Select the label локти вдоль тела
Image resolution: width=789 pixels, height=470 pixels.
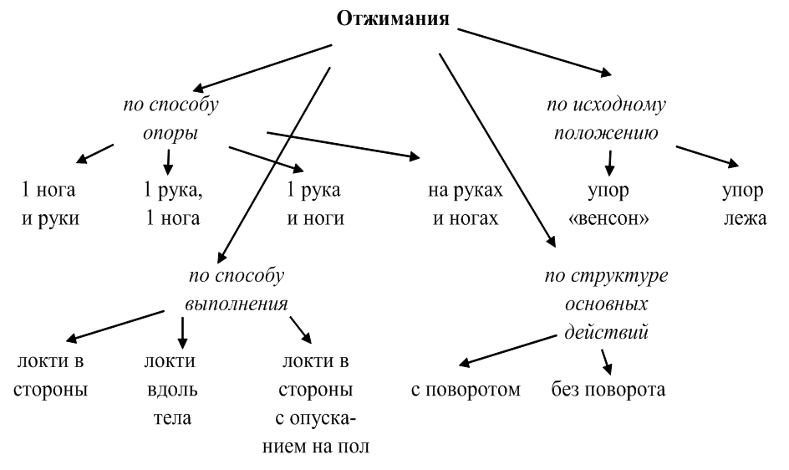[170, 390]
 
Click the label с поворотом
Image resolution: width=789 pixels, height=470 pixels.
[466, 389]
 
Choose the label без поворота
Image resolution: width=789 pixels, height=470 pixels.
[608, 389]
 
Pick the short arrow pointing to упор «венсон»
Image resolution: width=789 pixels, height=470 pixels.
[610, 159]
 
